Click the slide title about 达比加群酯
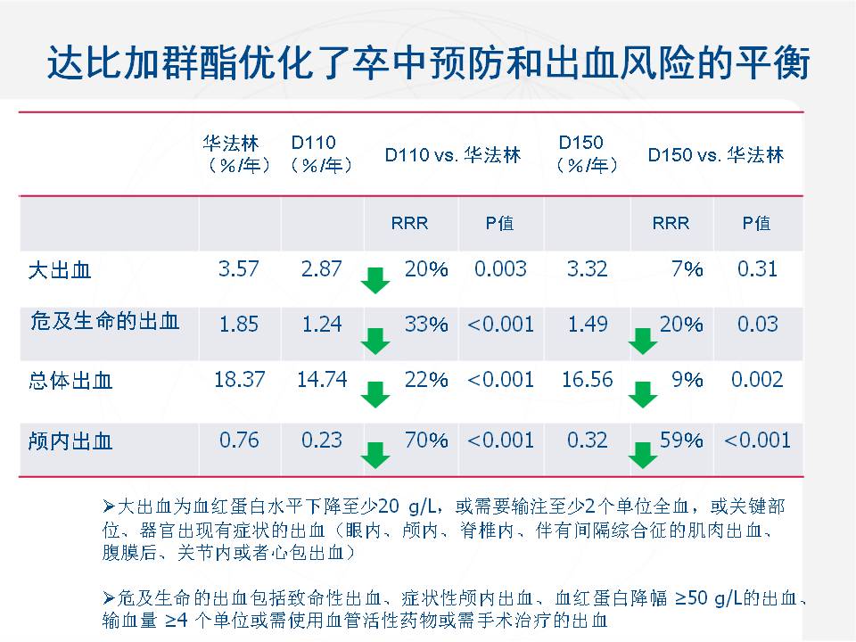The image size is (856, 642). coord(428,64)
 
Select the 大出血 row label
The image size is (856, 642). coord(60,269)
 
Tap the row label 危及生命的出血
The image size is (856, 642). coord(105,323)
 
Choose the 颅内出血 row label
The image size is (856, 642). coord(70,440)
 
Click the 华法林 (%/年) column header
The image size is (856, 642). coord(237,154)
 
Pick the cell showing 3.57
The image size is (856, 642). coord(239,268)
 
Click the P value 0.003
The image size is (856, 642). coord(500,268)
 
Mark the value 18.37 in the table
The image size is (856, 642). coord(239,380)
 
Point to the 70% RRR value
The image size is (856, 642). coord(426,440)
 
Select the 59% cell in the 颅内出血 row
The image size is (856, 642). coord(681,440)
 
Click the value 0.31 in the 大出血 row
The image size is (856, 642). coord(757,268)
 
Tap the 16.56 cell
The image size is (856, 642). coord(588,380)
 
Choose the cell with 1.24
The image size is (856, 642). coord(322,325)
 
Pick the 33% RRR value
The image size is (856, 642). coord(426,325)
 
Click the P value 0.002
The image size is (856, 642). coord(757,380)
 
